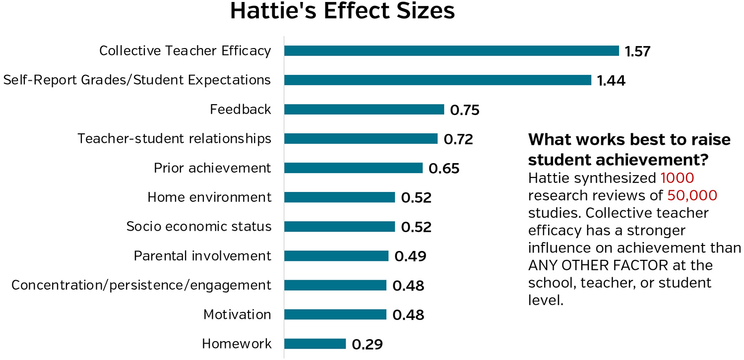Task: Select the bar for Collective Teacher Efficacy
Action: pyautogui.click(x=451, y=51)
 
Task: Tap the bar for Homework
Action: pyautogui.click(x=315, y=344)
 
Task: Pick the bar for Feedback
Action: pyautogui.click(x=364, y=110)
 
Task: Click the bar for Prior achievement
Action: pyautogui.click(x=353, y=168)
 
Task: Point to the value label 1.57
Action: pyautogui.click(x=637, y=51)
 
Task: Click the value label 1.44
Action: pyautogui.click(x=611, y=80)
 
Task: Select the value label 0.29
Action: pyautogui.click(x=368, y=344)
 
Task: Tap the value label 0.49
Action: pyautogui.click(x=410, y=256)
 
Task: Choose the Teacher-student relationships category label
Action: pyautogui.click(x=174, y=139)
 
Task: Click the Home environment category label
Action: pyautogui.click(x=209, y=197)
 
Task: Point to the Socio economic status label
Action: pyautogui.click(x=199, y=227)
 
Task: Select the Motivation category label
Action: pyautogui.click(x=237, y=314)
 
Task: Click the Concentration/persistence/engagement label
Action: pyautogui.click(x=141, y=285)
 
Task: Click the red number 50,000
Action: pyautogui.click(x=692, y=195)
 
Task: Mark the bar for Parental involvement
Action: pyautogui.click(x=336, y=256)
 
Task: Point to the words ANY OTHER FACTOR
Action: pyautogui.click(x=598, y=265)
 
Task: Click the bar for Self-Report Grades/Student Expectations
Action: pyautogui.click(x=437, y=80)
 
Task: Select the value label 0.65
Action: pyautogui.click(x=444, y=169)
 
